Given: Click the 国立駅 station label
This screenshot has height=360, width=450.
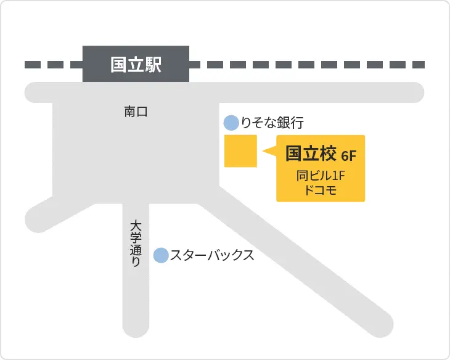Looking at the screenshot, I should point(136,64).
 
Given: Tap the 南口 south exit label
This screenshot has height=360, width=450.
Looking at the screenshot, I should point(136,112).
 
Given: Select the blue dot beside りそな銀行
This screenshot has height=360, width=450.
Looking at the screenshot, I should point(231,123).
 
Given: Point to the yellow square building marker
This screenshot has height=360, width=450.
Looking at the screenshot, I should point(240,151).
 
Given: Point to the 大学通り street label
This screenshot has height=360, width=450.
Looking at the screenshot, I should point(136,243).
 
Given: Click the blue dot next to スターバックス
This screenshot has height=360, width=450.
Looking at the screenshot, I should point(160,255).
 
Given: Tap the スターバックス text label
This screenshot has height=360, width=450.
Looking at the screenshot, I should point(212,255).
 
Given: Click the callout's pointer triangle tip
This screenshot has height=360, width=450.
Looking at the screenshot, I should point(264,151).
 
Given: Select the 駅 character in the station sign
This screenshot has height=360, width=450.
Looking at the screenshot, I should point(153,64).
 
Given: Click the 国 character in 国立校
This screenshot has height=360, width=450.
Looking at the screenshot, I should point(293,153).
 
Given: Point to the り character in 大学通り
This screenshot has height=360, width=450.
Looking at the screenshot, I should point(136,261).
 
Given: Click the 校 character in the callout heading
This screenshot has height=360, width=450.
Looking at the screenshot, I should point(326,153).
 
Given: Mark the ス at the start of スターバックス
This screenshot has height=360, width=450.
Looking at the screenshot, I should point(176,255).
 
